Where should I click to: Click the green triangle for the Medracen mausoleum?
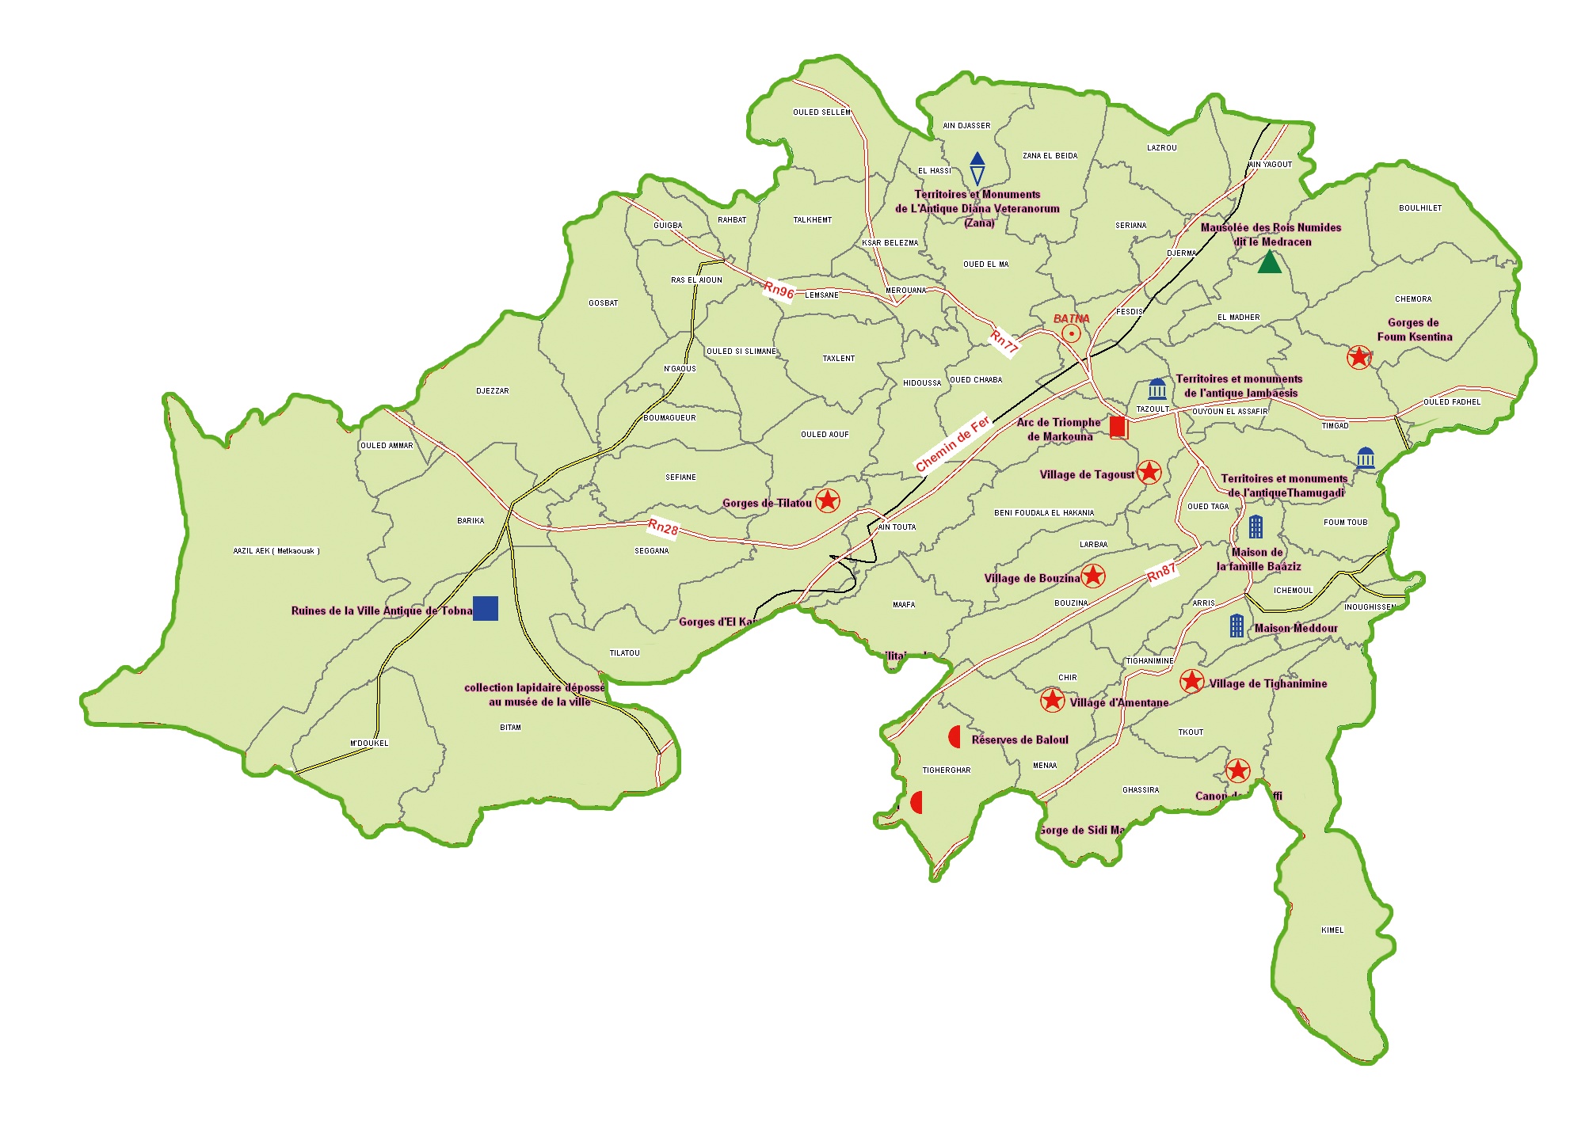point(1270,262)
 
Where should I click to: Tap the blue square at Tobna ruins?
point(486,608)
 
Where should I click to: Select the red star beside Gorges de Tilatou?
point(828,500)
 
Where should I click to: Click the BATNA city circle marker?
point(1071,333)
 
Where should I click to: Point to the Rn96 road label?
point(779,290)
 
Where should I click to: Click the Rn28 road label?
point(664,527)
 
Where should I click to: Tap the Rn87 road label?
point(1161,572)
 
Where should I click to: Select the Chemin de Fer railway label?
point(952,443)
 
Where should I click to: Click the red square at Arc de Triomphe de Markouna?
point(1118,428)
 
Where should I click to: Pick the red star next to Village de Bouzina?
point(1093,576)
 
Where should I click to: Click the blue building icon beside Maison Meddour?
point(1237,626)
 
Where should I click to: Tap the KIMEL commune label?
point(1332,930)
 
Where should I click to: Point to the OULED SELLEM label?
point(821,112)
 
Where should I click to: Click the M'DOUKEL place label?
point(369,743)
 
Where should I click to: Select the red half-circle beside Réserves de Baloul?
point(955,737)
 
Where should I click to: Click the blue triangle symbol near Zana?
point(977,168)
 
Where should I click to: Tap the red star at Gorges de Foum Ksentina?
point(1359,357)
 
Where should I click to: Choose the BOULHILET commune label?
point(1420,208)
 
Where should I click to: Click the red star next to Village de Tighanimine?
point(1192,681)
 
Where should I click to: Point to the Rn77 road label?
point(1004,341)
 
